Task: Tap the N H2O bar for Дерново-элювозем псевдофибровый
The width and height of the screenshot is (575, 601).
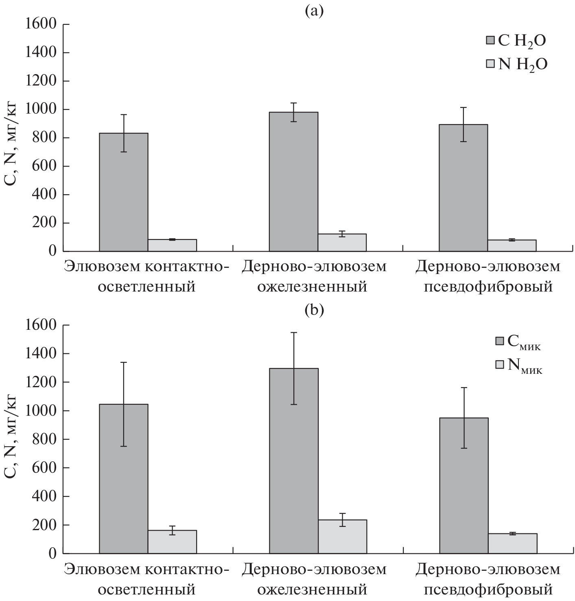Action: pos(512,246)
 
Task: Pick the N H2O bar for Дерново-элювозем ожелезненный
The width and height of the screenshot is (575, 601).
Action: pos(342,243)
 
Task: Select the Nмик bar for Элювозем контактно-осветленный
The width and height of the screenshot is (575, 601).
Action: pos(172,542)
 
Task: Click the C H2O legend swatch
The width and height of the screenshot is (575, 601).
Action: pos(490,40)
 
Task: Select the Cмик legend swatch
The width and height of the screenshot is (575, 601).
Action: pos(499,341)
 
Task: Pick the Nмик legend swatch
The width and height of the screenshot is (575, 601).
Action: pos(499,364)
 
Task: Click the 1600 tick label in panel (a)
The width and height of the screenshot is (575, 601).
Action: pos(39,24)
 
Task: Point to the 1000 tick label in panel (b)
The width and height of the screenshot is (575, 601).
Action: pos(39,411)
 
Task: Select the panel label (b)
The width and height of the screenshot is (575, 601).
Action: pos(314,310)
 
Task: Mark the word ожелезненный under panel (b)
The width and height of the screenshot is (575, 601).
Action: pos(313,589)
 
